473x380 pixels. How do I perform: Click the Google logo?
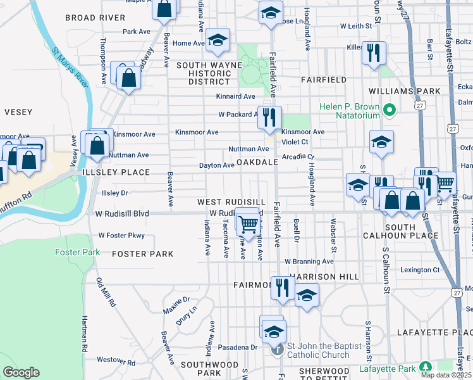pyautogui.click(x=21, y=372)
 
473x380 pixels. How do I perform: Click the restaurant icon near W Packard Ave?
pyautogui.click(x=270, y=117)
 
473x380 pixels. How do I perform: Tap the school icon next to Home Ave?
pyautogui.click(x=218, y=41)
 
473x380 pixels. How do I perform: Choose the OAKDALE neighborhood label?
pyautogui.click(x=258, y=163)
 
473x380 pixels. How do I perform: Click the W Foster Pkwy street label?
pyautogui.click(x=121, y=236)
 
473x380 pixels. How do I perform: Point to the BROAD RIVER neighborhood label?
pyautogui.click(x=95, y=18)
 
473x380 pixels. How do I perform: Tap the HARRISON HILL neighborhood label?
pyautogui.click(x=324, y=277)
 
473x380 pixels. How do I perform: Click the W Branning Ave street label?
pyautogui.click(x=309, y=261)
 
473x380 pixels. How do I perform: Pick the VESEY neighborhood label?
pyautogui.click(x=18, y=112)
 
